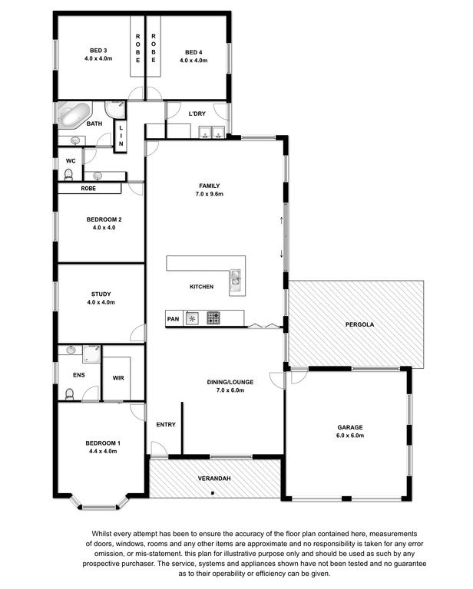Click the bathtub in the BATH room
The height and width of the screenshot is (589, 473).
click(74, 114)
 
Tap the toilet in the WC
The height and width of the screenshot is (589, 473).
click(68, 175)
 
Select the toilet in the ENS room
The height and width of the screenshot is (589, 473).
click(69, 394)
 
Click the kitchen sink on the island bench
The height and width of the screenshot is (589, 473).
click(236, 278)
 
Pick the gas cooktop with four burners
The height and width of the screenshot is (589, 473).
click(213, 318)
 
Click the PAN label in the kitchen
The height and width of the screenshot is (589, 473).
click(173, 319)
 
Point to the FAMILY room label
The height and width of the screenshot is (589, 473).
click(210, 186)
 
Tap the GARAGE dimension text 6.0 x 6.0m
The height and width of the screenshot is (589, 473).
click(350, 436)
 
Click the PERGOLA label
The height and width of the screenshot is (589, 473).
click(360, 324)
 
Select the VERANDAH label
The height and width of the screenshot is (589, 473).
click(214, 479)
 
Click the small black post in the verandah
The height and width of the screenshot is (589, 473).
click(213, 493)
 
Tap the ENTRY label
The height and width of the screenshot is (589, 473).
click(166, 424)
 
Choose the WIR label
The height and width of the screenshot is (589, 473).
click(118, 378)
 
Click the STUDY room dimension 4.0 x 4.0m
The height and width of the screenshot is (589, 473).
click(101, 302)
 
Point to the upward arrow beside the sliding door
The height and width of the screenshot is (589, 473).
click(282, 220)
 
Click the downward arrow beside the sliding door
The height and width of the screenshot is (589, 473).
click(282, 254)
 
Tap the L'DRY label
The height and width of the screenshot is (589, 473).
click(197, 114)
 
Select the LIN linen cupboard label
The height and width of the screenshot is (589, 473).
click(121, 136)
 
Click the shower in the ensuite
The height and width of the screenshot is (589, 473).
click(91, 354)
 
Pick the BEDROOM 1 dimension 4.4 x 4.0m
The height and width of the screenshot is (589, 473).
click(103, 452)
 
